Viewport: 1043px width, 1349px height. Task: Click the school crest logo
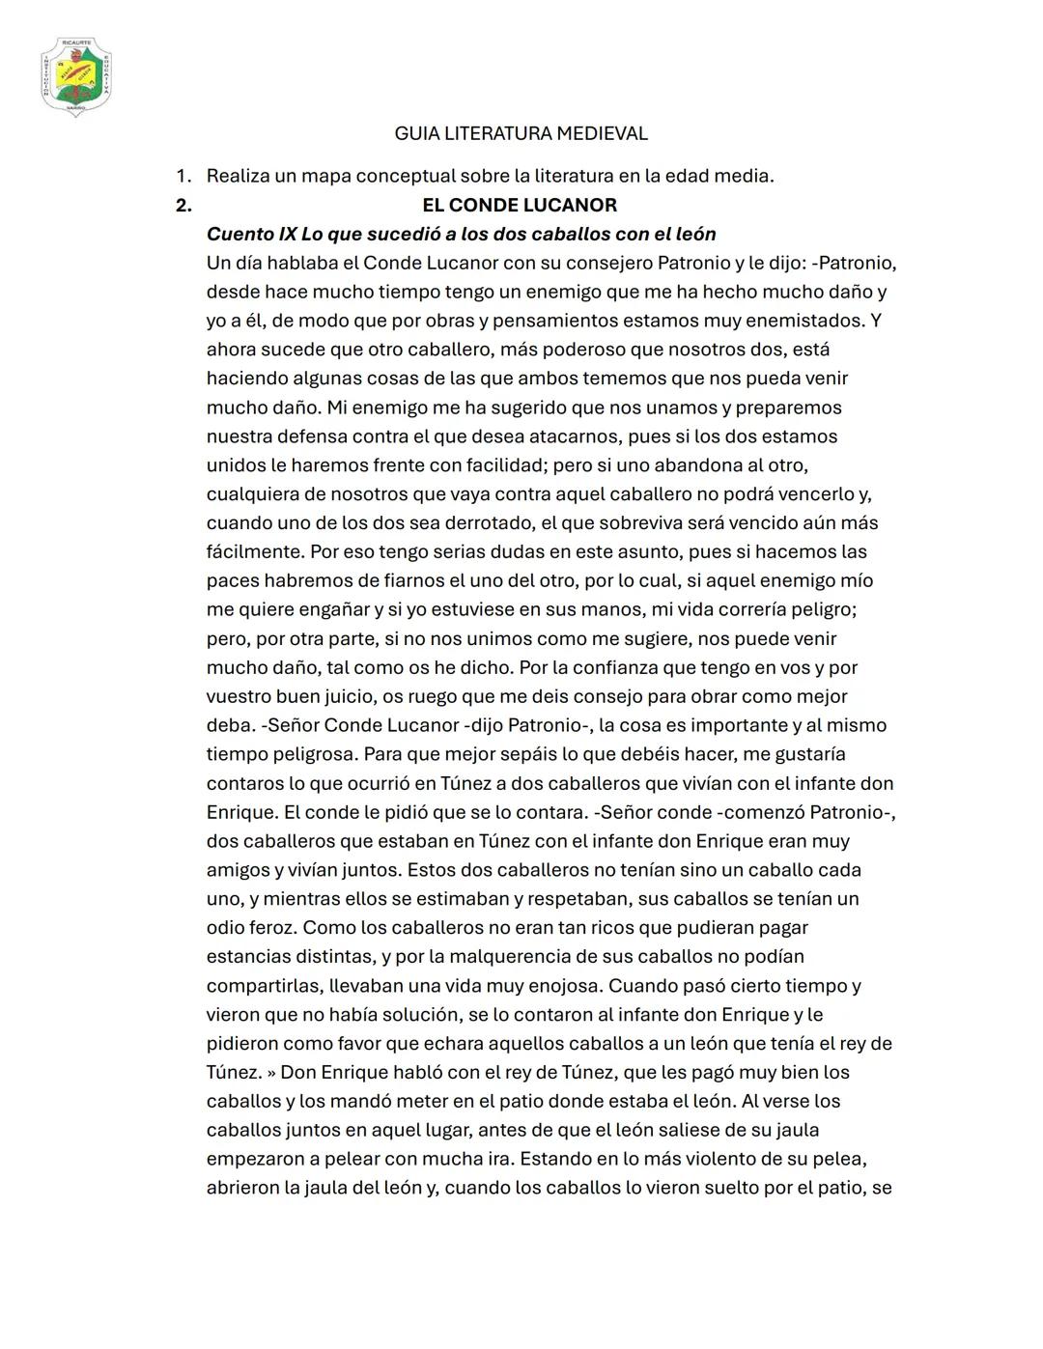tap(76, 77)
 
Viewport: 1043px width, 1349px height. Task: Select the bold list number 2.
tap(183, 205)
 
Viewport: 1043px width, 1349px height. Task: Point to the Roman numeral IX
tap(287, 234)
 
